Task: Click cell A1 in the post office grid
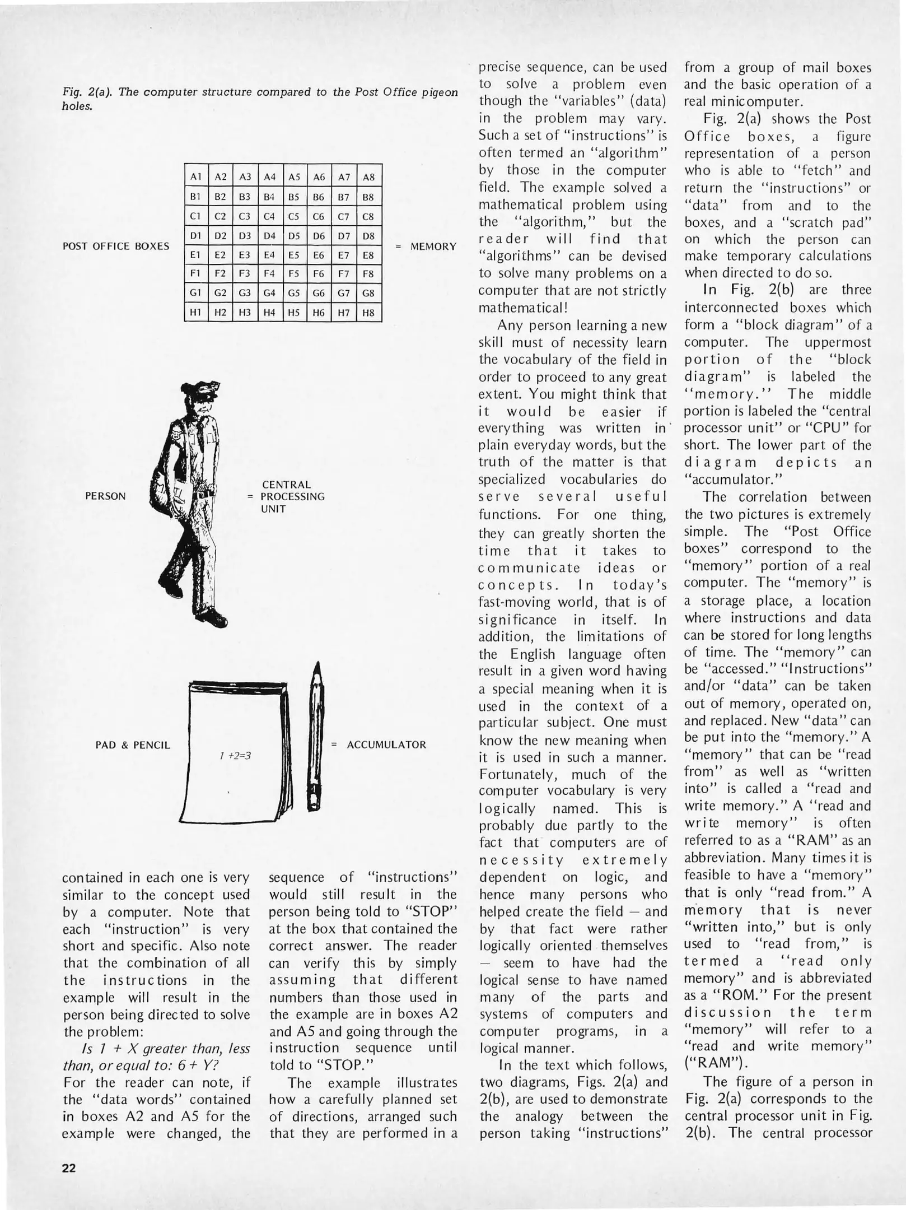click(x=196, y=177)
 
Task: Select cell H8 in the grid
click(x=368, y=313)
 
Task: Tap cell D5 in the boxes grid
click(x=294, y=236)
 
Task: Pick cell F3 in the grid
click(x=245, y=274)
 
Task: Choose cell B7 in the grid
click(x=344, y=197)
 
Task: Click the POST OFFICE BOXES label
click(x=116, y=246)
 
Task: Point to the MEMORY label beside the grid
click(x=433, y=246)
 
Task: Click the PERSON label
click(x=105, y=496)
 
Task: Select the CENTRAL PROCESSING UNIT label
click(x=292, y=496)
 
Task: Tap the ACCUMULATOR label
click(x=386, y=745)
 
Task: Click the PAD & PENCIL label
click(x=133, y=745)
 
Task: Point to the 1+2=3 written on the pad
click(x=235, y=756)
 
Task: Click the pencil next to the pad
click(x=316, y=739)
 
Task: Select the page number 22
click(x=69, y=1168)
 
